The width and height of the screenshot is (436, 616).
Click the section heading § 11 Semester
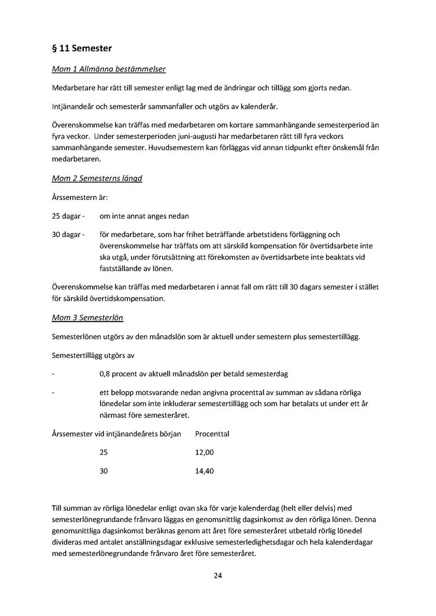82,49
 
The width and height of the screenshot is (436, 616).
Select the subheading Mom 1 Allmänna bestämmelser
109,68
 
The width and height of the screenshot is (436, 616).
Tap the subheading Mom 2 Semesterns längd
97,179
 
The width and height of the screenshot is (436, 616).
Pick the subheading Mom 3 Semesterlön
88,317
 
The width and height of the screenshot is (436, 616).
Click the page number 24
218,576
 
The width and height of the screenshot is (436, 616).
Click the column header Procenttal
212,434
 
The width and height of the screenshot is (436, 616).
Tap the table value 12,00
204,452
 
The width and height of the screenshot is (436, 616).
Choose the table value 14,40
204,471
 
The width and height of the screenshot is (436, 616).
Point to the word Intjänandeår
73,107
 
